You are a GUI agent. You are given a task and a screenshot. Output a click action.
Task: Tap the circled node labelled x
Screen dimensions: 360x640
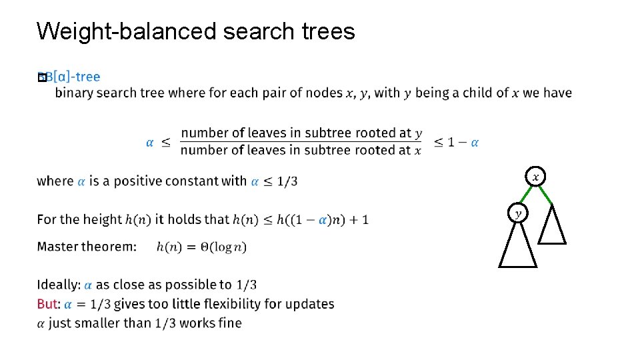(535, 177)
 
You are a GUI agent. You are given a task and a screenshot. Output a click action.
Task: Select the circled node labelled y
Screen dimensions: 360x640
(518, 213)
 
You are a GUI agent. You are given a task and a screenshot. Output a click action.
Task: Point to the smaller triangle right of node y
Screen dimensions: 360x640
(552, 227)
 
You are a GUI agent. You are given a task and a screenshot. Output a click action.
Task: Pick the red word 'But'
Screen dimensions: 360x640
(47, 304)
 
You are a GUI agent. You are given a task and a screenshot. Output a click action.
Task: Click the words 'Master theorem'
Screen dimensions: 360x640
(87, 247)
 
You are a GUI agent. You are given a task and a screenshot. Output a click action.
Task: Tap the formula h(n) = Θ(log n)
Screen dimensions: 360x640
(201, 247)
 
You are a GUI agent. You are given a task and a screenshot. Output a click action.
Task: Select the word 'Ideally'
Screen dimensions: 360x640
(58, 285)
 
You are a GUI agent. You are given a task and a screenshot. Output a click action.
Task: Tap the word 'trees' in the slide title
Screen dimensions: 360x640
(327, 31)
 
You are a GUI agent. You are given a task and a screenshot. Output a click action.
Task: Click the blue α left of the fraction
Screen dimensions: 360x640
(149, 142)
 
